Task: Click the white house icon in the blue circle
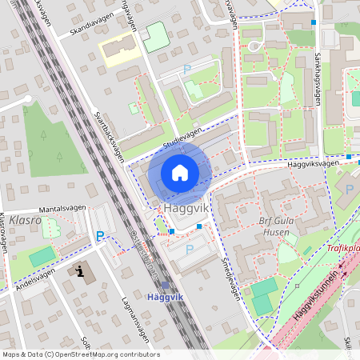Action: (179, 172)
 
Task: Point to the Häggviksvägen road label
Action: (311, 163)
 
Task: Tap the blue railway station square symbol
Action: (166, 285)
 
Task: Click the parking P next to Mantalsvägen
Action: (100, 236)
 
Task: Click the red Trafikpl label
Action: (342, 248)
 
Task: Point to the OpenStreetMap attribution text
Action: (80, 354)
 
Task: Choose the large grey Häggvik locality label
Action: (186, 206)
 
